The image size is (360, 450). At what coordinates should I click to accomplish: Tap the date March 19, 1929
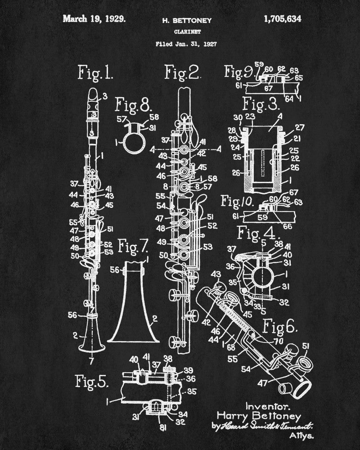point(94,19)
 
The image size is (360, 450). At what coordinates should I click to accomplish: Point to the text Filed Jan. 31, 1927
point(185,44)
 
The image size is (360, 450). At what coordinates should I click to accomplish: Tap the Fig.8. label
point(134,105)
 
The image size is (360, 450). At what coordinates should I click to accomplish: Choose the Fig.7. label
point(133,246)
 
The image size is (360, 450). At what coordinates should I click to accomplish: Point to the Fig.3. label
point(261,104)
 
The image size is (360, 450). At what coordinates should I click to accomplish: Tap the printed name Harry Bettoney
point(258,415)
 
